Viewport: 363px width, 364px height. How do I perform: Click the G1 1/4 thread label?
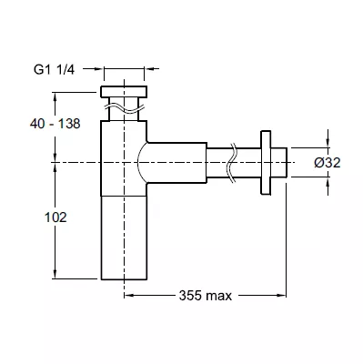(x=54, y=70)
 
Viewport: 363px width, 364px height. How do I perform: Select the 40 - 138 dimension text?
(x=55, y=124)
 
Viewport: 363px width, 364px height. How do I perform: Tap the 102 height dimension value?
(x=55, y=217)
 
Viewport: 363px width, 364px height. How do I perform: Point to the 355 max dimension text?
(x=206, y=296)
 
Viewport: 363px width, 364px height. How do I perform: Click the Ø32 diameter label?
(x=328, y=163)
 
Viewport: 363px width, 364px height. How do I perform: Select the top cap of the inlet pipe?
(x=124, y=92)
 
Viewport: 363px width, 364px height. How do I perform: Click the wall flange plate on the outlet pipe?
(x=266, y=163)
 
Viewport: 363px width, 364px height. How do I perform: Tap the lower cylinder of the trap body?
(x=124, y=238)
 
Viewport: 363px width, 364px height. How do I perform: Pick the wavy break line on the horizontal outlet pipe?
(x=233, y=163)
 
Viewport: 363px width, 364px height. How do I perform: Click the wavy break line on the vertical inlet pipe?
(x=124, y=107)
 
